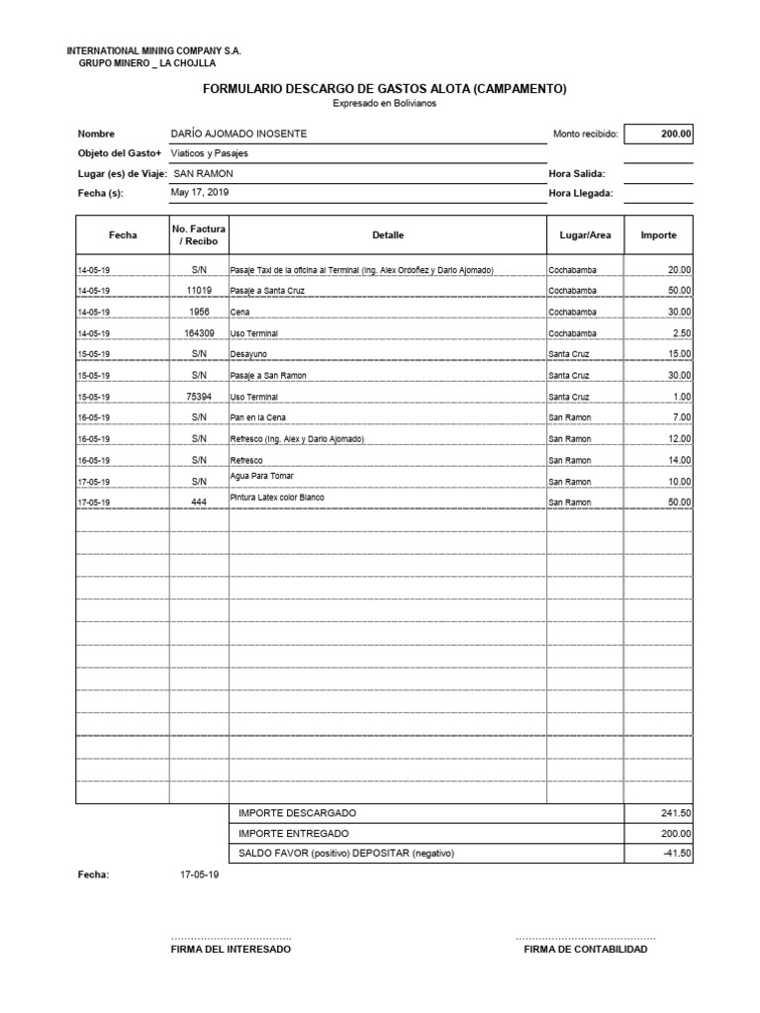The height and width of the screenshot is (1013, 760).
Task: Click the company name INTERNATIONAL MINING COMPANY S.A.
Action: [153, 50]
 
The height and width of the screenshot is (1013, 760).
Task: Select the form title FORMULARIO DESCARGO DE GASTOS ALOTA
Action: [384, 89]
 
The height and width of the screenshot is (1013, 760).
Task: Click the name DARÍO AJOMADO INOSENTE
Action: [238, 134]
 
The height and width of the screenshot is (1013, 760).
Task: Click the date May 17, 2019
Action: [199, 193]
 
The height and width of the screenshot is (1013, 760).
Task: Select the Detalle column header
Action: [388, 235]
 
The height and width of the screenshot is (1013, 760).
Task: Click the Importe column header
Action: [658, 235]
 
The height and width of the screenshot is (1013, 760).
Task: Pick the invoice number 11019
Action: [199, 291]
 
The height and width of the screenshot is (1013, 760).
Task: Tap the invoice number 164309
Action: [199, 333]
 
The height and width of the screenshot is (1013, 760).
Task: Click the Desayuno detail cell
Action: [249, 354]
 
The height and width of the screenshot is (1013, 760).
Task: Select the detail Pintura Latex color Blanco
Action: [277, 498]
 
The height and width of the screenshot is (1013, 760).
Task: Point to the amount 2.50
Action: [680, 333]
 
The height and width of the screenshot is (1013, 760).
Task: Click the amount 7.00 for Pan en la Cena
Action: [680, 418]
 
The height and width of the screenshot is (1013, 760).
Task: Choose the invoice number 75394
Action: [199, 397]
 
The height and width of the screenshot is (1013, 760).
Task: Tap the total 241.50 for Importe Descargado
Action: [676, 813]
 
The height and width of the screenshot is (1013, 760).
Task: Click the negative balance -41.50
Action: [678, 853]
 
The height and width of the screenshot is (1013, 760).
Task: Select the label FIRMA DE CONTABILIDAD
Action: [586, 950]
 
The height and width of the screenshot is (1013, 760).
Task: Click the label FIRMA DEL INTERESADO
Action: [232, 950]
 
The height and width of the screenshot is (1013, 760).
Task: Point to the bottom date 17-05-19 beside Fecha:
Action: [200, 875]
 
